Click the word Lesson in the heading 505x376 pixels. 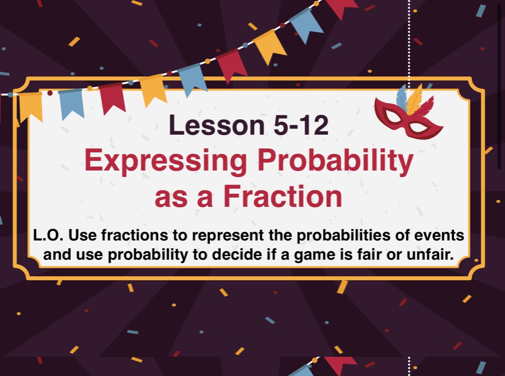[x=217, y=125]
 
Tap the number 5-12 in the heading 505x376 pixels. [x=301, y=125]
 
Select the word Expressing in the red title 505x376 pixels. [x=166, y=161]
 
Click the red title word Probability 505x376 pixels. [x=335, y=161]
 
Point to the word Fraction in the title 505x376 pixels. [x=283, y=197]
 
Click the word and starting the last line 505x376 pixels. [x=57, y=254]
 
